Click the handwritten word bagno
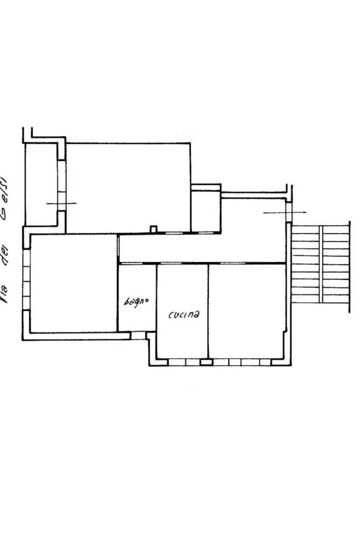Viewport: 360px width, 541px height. click(x=136, y=301)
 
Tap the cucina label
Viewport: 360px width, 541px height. click(x=184, y=314)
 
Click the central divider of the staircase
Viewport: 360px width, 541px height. click(x=321, y=264)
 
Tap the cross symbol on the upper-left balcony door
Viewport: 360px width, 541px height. click(x=61, y=204)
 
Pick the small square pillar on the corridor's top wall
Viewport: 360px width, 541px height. click(x=153, y=229)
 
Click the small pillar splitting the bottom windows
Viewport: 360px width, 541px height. click(x=207, y=362)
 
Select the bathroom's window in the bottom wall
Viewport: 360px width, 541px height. click(x=138, y=335)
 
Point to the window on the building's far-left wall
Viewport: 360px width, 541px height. click(x=27, y=279)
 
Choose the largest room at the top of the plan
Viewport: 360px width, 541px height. click(x=128, y=188)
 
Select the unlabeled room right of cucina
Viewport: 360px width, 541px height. click(x=247, y=311)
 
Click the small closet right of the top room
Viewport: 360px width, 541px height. click(x=206, y=210)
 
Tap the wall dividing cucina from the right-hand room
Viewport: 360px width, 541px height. click(x=208, y=311)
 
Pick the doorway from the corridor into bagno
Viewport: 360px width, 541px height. click(x=131, y=264)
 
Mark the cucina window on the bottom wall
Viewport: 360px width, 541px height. click(x=184, y=362)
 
